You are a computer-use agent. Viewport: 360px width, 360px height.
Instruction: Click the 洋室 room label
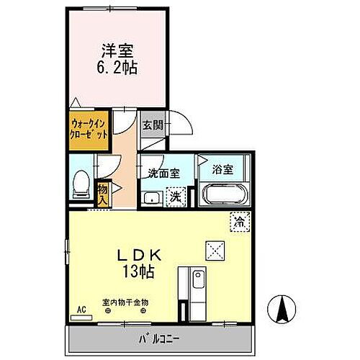click(118, 52)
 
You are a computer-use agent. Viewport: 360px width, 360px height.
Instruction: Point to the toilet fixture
click(81, 184)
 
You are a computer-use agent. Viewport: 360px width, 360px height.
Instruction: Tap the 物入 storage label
click(102, 192)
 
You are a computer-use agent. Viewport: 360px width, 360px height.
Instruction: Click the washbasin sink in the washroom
click(152, 197)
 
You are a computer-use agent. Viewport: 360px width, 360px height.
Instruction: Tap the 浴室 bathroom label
click(222, 170)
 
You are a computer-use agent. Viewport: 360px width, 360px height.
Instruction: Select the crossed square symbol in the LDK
click(215, 250)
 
